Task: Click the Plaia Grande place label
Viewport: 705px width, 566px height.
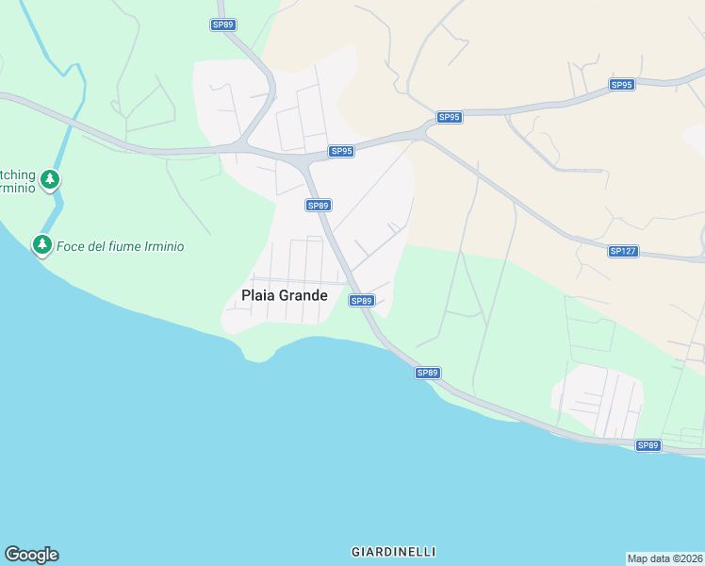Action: [285, 295]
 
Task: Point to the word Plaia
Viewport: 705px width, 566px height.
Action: [257, 295]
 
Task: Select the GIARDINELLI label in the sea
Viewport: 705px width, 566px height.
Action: [393, 551]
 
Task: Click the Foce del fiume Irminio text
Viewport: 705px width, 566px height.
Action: [120, 246]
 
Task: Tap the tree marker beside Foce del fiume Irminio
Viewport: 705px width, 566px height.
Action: [41, 244]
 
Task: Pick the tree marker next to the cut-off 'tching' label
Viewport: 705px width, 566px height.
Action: [50, 178]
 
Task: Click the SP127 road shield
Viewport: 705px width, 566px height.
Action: [622, 251]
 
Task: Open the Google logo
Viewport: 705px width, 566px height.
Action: [31, 555]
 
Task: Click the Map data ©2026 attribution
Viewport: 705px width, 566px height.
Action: [664, 558]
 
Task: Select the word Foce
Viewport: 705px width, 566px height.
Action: [72, 246]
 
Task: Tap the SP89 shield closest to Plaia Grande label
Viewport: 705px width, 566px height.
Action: [362, 300]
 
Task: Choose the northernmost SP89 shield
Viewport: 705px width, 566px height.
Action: [222, 25]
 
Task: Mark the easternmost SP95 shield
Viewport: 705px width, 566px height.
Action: [621, 85]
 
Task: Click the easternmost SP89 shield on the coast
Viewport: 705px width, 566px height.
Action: [648, 445]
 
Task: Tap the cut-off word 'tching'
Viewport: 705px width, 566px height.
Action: [18, 175]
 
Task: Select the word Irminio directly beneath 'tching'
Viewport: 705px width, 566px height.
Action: [18, 188]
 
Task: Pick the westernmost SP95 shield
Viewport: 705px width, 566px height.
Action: [341, 151]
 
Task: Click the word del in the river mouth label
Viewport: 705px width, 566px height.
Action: [99, 246]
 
